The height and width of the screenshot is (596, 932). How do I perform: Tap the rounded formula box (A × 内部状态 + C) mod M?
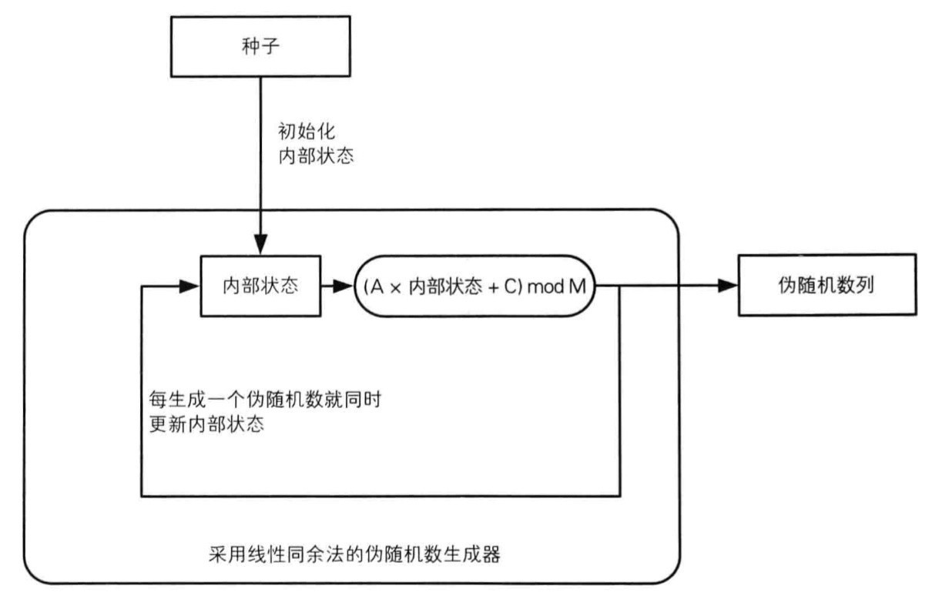point(474,286)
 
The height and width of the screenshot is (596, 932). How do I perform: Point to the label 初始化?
point(304,132)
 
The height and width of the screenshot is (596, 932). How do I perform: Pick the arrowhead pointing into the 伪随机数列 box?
point(728,286)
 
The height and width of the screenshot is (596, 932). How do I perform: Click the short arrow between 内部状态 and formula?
point(340,286)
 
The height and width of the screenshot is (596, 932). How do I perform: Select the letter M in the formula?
point(577,286)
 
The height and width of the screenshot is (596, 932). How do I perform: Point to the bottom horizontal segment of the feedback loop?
point(381,495)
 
